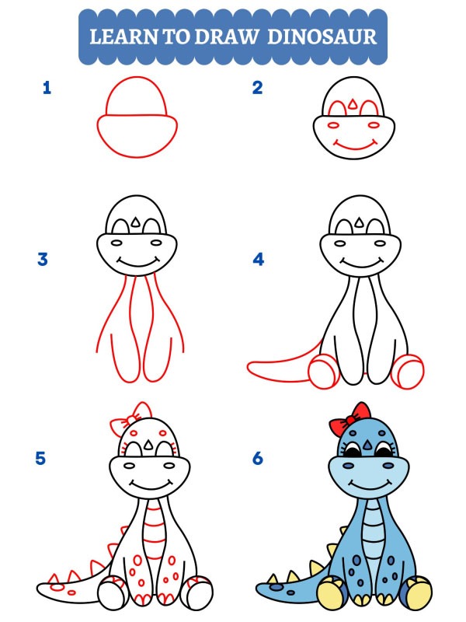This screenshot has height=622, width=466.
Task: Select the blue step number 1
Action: point(47,88)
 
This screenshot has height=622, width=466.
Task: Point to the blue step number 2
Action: point(258,88)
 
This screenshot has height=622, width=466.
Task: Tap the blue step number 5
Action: point(40,458)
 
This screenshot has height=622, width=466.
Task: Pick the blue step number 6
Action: point(258,458)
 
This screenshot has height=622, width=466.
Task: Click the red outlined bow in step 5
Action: point(130,421)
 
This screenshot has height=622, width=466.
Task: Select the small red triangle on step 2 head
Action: point(355,103)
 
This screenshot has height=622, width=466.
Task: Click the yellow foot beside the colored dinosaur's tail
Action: point(332,593)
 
